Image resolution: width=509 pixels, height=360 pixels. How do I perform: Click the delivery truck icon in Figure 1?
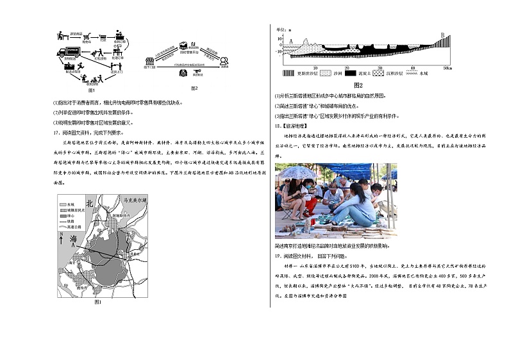69,51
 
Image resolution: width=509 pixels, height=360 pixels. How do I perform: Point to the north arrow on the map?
62,240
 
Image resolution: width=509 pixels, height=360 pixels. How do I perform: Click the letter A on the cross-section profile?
291,41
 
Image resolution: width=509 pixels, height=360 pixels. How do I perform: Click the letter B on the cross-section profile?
442,35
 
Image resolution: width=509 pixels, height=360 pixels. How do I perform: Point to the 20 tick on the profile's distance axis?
347,67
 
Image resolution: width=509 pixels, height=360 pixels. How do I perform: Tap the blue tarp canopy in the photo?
349,170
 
